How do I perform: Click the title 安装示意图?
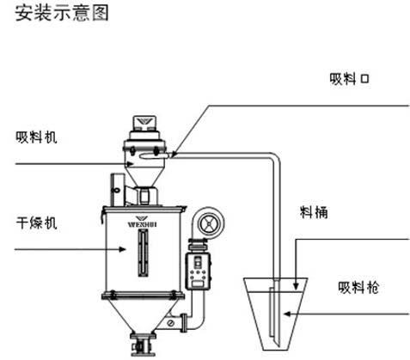point(62,14)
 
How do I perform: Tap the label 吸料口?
point(349,79)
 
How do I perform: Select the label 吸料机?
point(36,137)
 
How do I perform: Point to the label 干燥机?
point(36,223)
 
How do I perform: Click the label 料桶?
point(314,212)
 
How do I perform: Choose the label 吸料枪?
point(358,287)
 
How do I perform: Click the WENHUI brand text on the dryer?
point(142,224)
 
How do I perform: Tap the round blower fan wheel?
point(209,223)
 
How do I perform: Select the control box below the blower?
point(199,271)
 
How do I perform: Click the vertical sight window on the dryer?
point(143,253)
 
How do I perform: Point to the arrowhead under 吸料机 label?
point(131,164)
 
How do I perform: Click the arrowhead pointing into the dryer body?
point(122,249)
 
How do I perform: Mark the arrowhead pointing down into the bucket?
point(296,286)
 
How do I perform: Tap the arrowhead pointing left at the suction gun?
point(287,314)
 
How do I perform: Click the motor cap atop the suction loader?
point(144,123)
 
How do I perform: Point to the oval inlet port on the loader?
point(155,156)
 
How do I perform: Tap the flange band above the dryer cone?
point(143,296)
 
